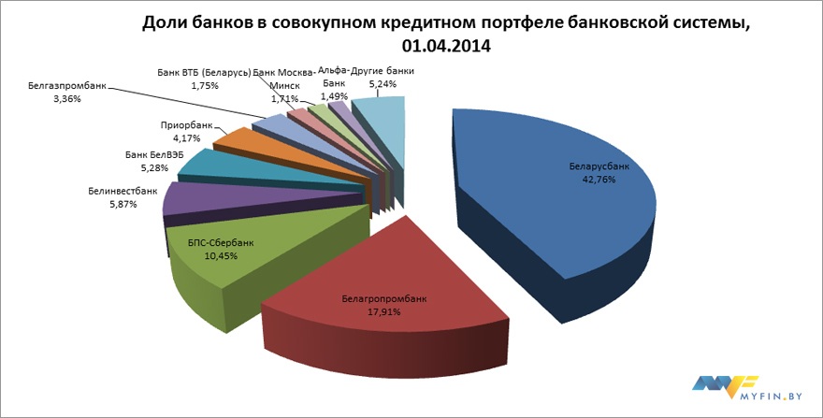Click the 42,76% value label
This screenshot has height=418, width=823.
point(599,180)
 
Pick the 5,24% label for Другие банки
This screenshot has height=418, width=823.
point(383,84)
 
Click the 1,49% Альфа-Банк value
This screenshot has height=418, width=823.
point(334,95)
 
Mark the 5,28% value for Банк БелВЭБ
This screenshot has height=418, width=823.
point(154,168)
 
